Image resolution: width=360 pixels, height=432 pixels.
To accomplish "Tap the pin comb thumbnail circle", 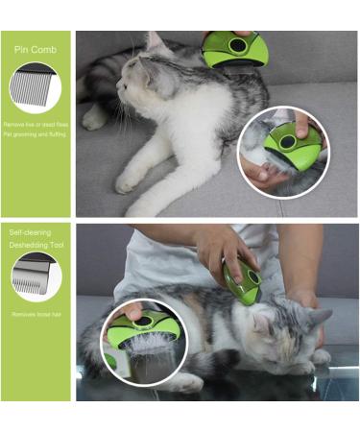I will click(x=36, y=88).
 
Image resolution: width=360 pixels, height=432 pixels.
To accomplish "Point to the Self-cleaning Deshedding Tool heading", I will click(x=33, y=238).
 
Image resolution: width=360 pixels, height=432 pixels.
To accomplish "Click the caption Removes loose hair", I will click(x=36, y=315).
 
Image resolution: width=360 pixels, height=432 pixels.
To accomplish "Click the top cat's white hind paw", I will click(x=94, y=117).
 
